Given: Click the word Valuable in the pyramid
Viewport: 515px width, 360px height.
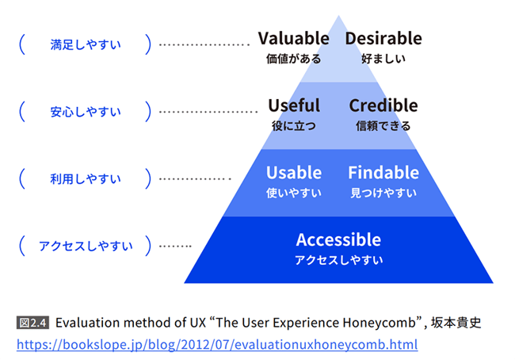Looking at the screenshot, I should point(293,38).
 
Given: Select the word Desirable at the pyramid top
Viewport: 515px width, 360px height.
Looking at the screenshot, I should point(383,38).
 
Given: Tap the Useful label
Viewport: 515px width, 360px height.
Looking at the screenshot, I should point(294,105).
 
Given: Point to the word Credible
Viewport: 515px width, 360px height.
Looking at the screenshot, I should point(383,105).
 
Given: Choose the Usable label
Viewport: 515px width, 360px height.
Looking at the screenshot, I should point(294,173).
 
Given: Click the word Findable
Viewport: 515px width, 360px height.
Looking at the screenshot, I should point(383,173).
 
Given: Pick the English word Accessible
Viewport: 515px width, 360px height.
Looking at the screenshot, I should point(338,239).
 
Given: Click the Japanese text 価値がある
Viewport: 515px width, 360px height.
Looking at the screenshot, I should point(293,58).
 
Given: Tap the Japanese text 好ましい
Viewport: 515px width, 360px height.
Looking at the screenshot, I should point(383,58).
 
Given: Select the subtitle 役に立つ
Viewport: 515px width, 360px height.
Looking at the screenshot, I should point(294,125).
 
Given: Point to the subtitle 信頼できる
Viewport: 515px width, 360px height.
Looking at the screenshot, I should point(383,125).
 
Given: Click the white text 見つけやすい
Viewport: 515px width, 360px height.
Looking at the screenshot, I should point(383,193).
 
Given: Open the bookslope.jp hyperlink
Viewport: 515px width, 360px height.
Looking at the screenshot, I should point(217,345).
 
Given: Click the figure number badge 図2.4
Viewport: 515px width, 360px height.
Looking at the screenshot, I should point(33,323).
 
